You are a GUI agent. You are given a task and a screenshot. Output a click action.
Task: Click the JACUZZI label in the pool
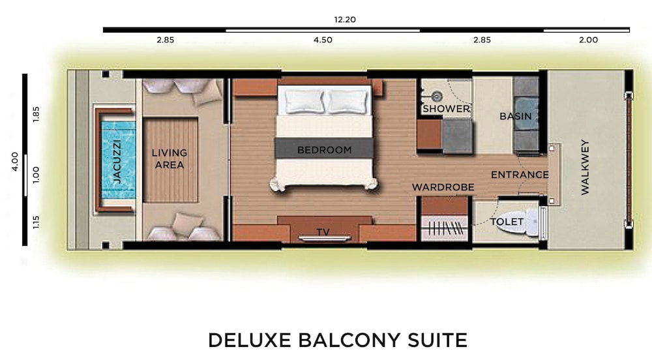[x=117, y=162]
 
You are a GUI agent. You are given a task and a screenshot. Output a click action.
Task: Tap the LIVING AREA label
[x=170, y=158]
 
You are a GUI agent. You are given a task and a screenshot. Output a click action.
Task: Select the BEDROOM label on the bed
[x=324, y=150]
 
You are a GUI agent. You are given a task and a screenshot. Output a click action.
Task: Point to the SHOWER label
[x=446, y=109]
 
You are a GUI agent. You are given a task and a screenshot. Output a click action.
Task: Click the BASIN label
[x=516, y=116]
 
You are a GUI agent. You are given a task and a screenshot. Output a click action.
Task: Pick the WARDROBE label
[x=443, y=187]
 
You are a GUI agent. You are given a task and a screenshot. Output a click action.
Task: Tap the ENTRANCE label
[x=520, y=175]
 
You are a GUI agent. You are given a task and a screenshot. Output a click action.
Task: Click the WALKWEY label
[x=585, y=167]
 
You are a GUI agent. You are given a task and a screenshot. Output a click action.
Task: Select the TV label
[x=323, y=232]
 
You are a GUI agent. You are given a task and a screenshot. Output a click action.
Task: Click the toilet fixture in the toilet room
[x=530, y=221]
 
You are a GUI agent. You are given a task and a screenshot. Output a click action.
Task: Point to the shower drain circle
[x=437, y=97]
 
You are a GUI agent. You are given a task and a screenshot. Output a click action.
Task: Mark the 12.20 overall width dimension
[x=345, y=20]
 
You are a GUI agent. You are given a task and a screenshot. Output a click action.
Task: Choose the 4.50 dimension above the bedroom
[x=323, y=40]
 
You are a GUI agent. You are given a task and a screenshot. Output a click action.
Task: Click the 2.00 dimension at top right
[x=588, y=40]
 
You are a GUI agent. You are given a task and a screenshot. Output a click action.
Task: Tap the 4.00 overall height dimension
[x=14, y=161]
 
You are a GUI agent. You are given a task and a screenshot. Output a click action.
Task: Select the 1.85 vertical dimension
[x=36, y=114]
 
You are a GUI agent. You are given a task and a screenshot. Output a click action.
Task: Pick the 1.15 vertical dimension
[x=36, y=222]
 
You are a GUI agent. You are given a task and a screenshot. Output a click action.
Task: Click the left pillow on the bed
[x=304, y=102]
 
